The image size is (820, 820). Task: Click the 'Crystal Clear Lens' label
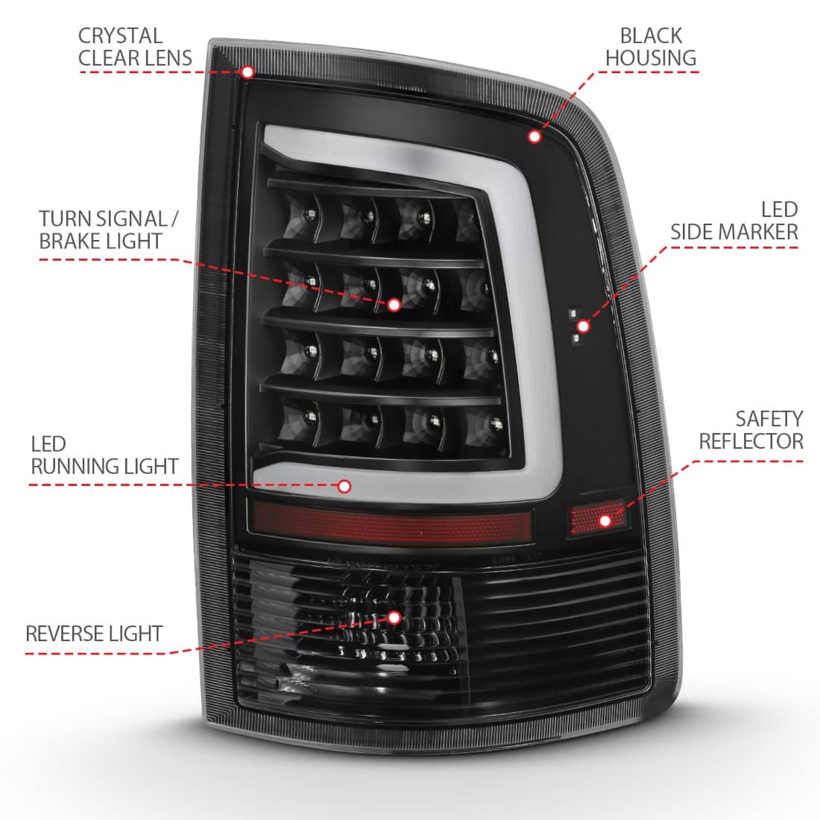point(135,47)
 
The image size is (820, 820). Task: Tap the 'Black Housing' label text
point(651,47)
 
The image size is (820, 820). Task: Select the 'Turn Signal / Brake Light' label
point(109,230)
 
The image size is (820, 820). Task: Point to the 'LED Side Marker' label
point(734,221)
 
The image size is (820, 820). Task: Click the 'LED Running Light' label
point(104,455)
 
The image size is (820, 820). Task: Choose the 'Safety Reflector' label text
point(751,430)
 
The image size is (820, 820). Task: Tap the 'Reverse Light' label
point(94,634)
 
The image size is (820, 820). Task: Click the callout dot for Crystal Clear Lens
point(248,72)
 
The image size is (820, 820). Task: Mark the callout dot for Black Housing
point(534,136)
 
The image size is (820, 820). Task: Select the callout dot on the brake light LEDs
point(394,305)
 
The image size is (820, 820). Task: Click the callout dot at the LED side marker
point(583,327)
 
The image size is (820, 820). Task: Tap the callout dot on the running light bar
point(344,486)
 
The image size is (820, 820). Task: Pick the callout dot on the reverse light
point(394,618)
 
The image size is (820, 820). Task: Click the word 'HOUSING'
point(651,58)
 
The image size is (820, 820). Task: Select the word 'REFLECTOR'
point(751,441)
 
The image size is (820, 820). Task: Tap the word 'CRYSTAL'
point(120,36)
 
